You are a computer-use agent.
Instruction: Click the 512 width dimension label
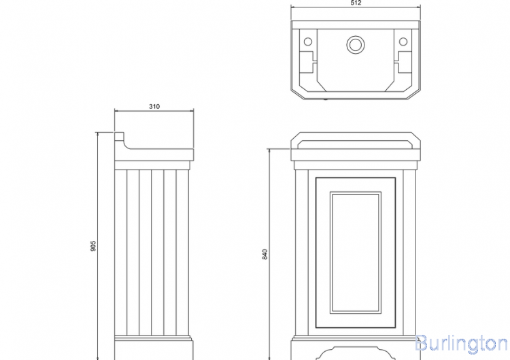tap(356, 3)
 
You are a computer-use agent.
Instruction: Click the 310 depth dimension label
tap(154, 106)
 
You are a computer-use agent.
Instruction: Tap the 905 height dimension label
tap(93, 246)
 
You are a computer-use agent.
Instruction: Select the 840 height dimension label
tap(265, 255)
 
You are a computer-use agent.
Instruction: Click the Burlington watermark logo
tap(462, 344)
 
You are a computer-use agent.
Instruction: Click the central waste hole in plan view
tap(356, 45)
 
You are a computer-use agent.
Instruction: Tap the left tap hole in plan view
tap(307, 42)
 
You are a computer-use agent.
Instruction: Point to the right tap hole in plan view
tap(403, 42)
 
